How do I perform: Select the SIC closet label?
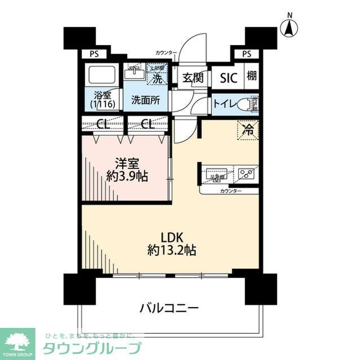229,78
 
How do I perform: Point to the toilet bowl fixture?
247,104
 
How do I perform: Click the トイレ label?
224,104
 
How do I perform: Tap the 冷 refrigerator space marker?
248,130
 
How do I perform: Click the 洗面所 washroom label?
145,100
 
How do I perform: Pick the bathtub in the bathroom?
101,75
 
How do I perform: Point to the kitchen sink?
215,174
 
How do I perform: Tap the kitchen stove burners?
246,174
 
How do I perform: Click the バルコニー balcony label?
169,308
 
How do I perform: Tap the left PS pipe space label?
93,54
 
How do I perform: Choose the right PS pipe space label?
246,54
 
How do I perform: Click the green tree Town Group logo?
17,341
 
